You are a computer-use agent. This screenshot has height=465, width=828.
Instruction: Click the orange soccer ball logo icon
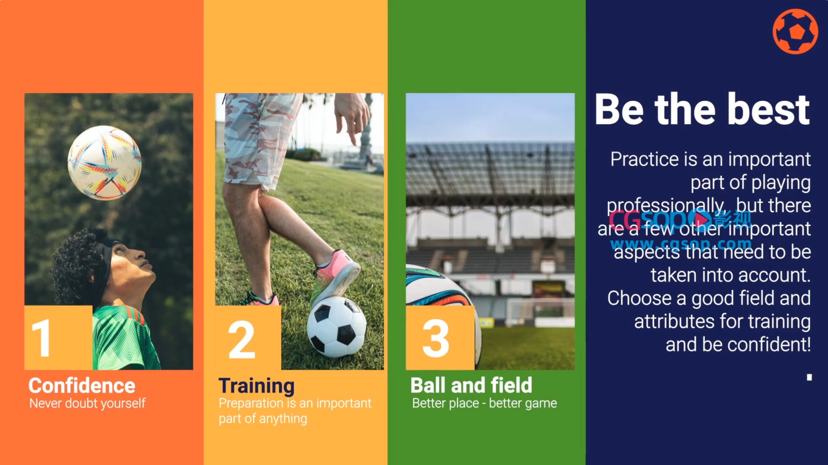795,32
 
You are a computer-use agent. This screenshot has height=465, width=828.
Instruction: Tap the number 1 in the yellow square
42,338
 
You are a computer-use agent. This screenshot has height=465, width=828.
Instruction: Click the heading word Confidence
82,385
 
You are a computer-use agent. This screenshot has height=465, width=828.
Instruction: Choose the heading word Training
256,386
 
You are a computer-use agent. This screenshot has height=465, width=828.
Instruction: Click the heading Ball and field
471,385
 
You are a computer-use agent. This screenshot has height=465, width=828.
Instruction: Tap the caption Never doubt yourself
87,404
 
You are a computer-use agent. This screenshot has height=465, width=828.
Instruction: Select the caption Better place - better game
484,403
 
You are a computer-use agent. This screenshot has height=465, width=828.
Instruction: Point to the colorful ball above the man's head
105,163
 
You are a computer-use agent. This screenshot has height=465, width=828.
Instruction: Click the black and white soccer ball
337,327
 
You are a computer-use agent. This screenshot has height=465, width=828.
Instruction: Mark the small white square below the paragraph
809,377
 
